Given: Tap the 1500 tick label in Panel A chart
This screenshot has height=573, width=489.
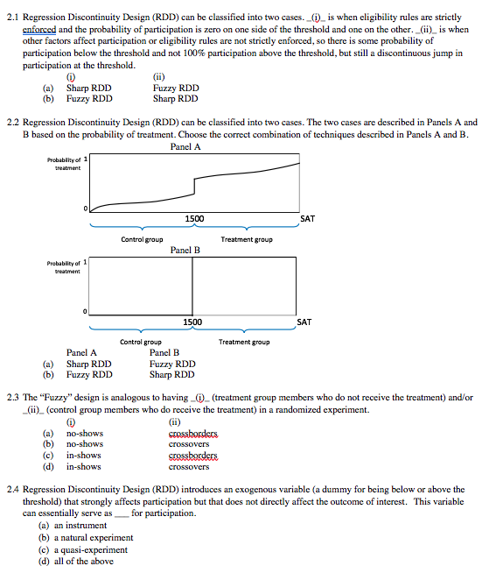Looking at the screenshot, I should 194,218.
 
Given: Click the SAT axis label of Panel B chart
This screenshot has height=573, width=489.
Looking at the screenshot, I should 304,322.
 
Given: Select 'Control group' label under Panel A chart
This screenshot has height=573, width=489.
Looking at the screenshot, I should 141,239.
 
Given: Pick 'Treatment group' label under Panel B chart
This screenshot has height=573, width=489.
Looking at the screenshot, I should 243,342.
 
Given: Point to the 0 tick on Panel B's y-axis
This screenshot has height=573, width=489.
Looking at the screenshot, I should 86,312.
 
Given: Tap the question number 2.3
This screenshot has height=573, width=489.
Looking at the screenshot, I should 13,397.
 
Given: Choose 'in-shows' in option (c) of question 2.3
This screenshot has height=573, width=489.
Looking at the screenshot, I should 84,456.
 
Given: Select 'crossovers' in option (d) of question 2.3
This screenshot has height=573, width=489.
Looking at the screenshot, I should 188,467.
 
